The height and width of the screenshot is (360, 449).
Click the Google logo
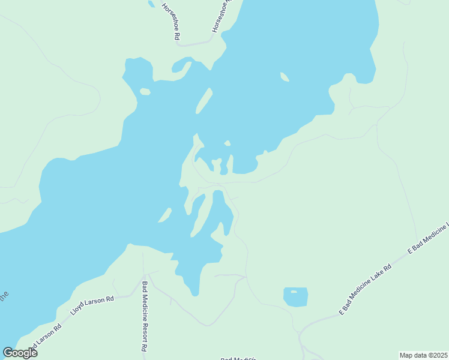(x=20, y=353)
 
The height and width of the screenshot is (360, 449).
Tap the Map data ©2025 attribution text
(x=423, y=355)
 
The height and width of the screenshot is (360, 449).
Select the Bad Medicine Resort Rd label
(x=144, y=316)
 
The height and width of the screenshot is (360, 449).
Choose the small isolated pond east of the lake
(x=295, y=296)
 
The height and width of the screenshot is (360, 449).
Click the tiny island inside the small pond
(x=293, y=291)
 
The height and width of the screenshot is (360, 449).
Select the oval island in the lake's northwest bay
(x=145, y=92)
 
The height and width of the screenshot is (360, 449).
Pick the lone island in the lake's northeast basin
(x=285, y=77)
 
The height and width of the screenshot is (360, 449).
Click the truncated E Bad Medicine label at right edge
(x=429, y=239)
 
